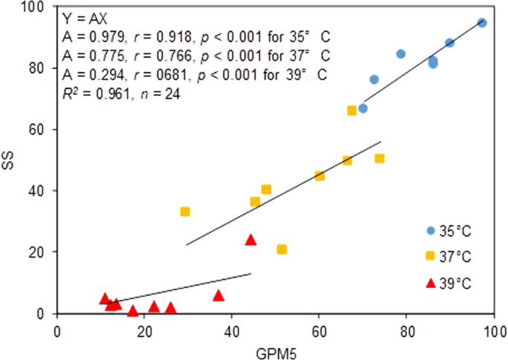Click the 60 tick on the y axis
click(x=42, y=129)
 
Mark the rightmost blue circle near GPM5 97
click(x=482, y=23)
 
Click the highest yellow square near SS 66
click(x=352, y=111)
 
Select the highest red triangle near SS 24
click(x=251, y=240)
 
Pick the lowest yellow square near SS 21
click(x=282, y=249)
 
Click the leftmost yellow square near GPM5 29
click(x=185, y=212)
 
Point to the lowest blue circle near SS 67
click(x=363, y=108)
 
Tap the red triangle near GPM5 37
click(x=218, y=295)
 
